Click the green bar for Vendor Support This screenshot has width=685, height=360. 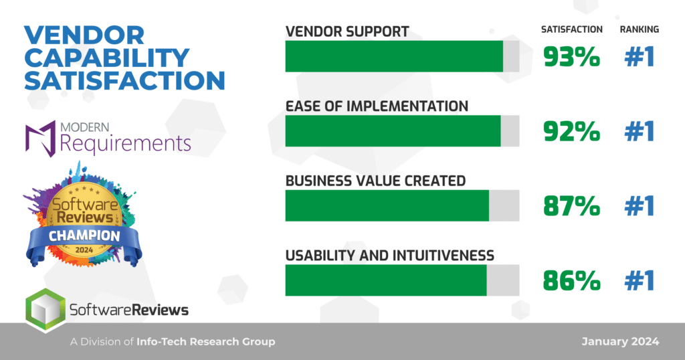[394, 56]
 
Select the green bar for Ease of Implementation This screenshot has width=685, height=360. [393, 131]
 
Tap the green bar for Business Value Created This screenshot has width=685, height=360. [387, 206]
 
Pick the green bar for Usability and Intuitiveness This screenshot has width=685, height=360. [386, 280]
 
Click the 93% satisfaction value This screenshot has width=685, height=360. [571, 57]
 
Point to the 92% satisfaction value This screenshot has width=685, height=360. [571, 132]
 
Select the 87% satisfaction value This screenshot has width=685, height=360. [571, 206]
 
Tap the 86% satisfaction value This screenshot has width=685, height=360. [571, 280]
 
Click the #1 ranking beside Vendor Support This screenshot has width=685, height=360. [640, 57]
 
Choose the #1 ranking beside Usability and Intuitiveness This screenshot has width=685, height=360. [640, 280]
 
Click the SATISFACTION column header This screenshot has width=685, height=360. [572, 29]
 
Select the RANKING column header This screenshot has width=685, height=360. [640, 29]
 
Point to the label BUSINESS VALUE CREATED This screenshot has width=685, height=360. [376, 181]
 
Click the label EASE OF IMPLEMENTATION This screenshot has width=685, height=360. [377, 106]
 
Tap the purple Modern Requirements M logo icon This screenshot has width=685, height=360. [41, 139]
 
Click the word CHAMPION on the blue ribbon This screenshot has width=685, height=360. [84, 236]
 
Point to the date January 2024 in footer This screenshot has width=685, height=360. [620, 342]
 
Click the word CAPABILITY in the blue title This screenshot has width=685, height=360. [106, 58]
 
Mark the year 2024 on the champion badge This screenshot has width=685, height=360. [84, 250]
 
